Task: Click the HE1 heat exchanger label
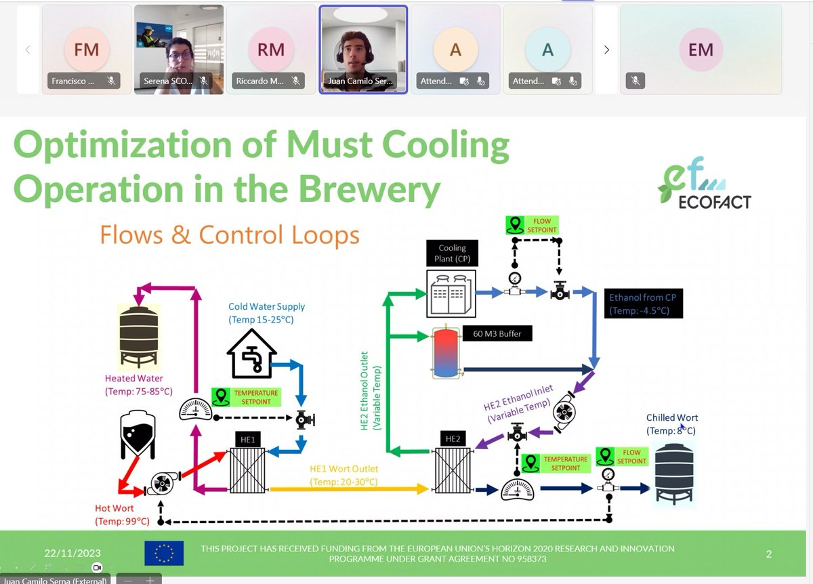pyautogui.click(x=247, y=440)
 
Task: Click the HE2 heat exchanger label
pyautogui.click(x=452, y=439)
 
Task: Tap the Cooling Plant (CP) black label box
pyautogui.click(x=452, y=253)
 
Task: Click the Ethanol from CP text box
pyautogui.click(x=642, y=304)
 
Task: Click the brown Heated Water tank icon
pyautogui.click(x=139, y=335)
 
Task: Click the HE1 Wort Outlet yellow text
pyautogui.click(x=343, y=475)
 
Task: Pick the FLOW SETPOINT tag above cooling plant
pyautogui.click(x=532, y=225)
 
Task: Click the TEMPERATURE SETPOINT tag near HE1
pyautogui.click(x=247, y=397)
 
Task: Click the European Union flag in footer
pyautogui.click(x=164, y=553)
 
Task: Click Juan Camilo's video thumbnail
pyautogui.click(x=363, y=49)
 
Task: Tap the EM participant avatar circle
pyautogui.click(x=701, y=49)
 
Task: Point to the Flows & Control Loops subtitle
pyautogui.click(x=230, y=234)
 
